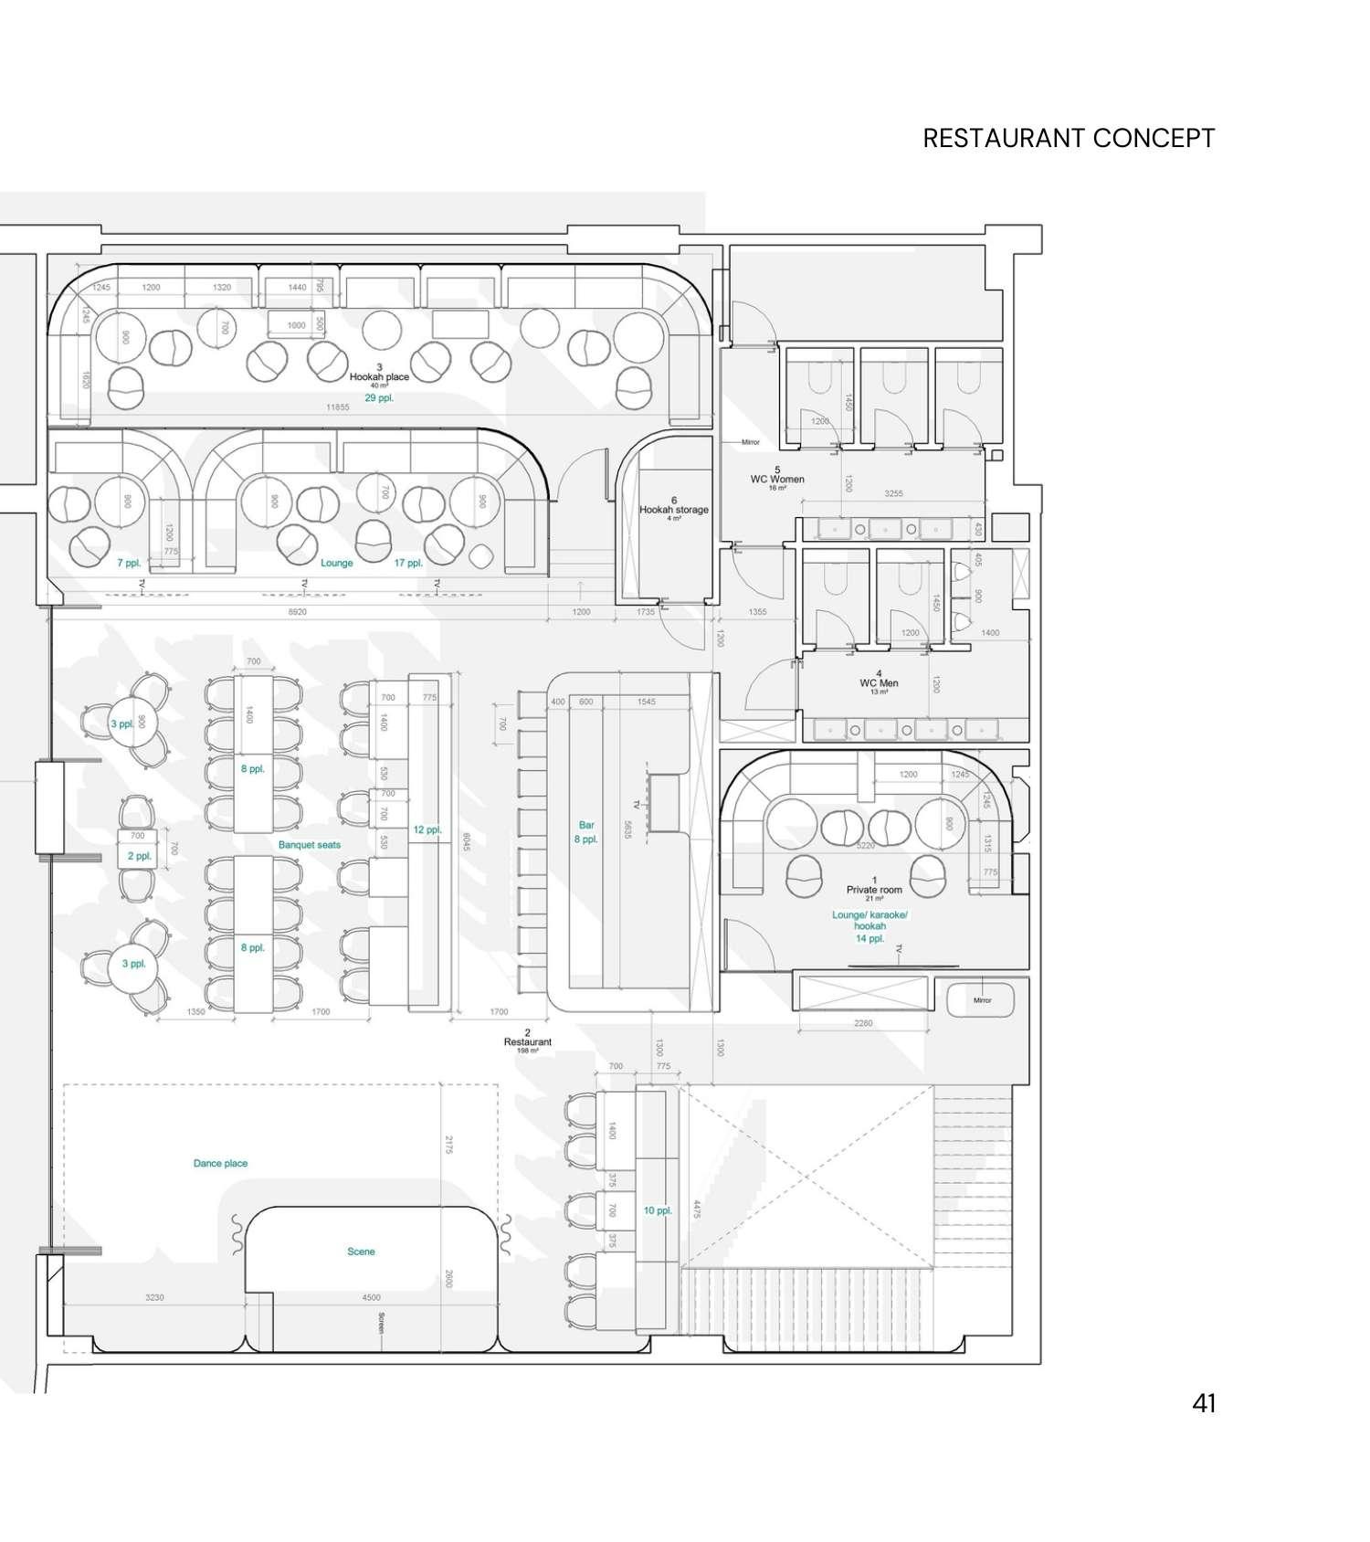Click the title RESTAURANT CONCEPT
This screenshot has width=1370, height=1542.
[1068, 138]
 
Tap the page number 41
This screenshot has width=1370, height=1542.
[1204, 1403]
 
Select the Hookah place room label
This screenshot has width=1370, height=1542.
[379, 376]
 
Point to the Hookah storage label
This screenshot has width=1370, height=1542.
[674, 510]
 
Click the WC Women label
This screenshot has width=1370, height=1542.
[777, 479]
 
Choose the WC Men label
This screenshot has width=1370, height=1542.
[879, 682]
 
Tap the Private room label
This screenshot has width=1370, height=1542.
[874, 889]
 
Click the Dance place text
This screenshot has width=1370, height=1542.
[220, 1163]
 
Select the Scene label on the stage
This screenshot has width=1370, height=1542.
[361, 1252]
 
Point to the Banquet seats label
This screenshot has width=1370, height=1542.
[310, 845]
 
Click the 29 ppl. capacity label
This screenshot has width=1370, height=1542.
[379, 398]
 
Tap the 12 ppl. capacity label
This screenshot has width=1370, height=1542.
[427, 829]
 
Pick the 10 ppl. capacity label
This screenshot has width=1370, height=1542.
[658, 1210]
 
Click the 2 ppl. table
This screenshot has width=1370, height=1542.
[139, 856]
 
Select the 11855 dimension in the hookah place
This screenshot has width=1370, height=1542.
[338, 407]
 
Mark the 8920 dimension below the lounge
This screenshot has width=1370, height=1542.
[297, 612]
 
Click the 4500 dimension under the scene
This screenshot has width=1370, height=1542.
[371, 1297]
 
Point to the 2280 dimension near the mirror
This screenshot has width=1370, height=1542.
[863, 1023]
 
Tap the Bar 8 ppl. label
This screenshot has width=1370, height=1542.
[586, 832]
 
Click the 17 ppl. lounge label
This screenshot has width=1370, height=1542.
[408, 563]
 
